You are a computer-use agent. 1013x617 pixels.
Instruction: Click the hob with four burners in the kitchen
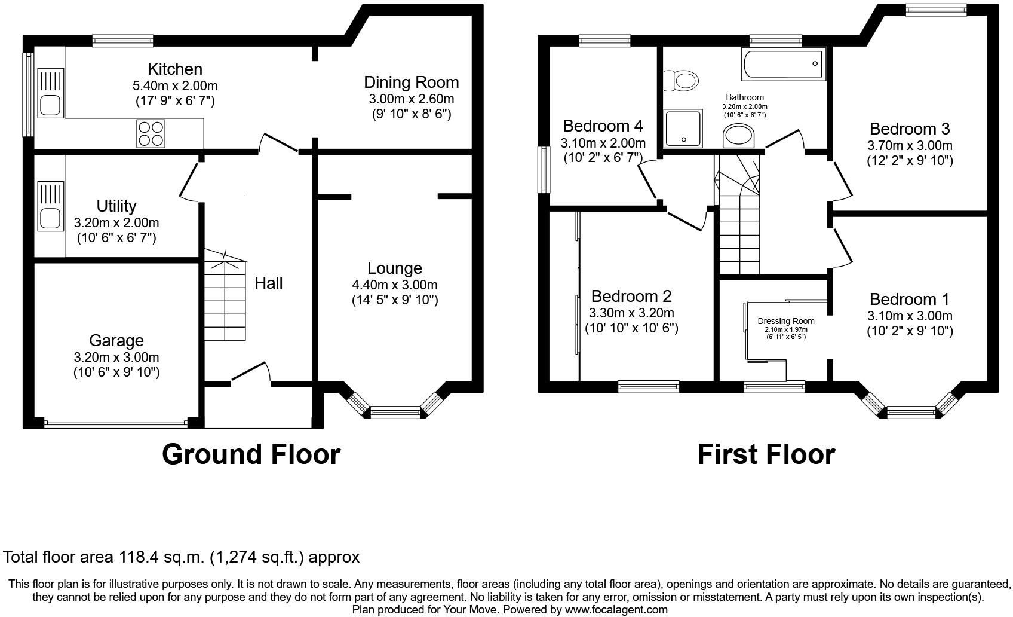point(151,133)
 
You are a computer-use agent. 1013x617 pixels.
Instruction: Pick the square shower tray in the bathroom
point(683,128)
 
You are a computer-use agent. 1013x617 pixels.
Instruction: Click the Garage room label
point(116,341)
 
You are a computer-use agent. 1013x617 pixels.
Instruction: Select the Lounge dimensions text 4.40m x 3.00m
point(395,285)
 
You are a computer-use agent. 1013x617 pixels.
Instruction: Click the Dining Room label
point(412,83)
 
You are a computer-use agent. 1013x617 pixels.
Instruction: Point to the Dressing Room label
point(785,321)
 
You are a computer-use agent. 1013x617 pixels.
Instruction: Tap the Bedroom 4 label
point(603,126)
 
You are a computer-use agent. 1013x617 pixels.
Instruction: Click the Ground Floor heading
point(251,454)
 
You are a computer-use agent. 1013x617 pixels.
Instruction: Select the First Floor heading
point(766,454)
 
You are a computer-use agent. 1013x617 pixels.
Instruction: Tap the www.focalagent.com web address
point(616,610)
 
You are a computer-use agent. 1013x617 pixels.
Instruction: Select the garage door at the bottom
point(116,424)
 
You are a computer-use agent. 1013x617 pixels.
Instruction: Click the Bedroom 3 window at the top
point(935,10)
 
